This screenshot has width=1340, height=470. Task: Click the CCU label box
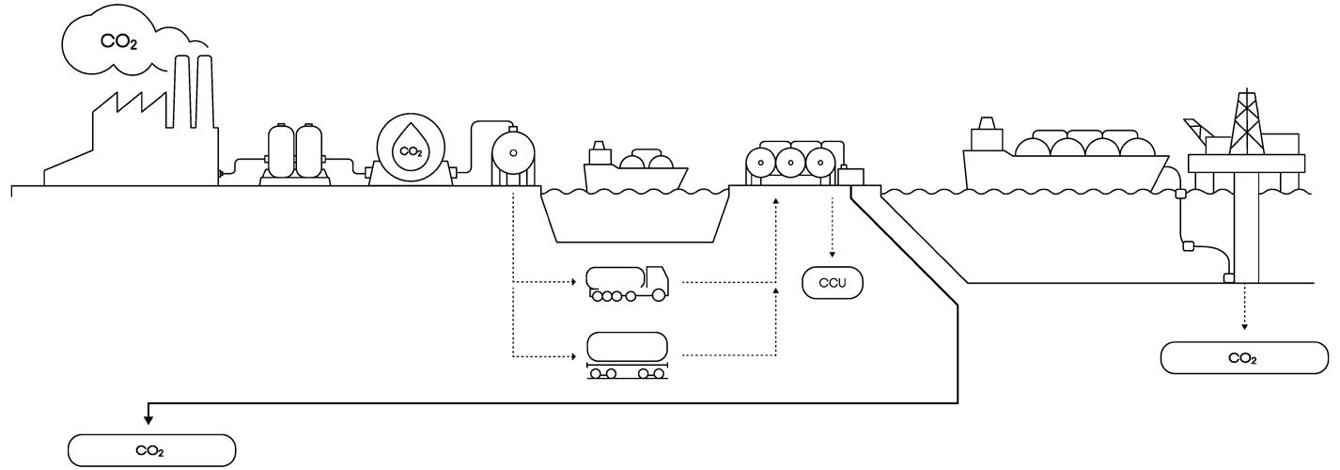[832, 283]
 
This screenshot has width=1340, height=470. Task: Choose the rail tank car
[627, 355]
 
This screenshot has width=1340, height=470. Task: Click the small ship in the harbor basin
[635, 169]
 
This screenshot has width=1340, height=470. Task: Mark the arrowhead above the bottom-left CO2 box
[148, 419]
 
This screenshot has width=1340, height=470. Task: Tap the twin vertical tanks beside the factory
[294, 150]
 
